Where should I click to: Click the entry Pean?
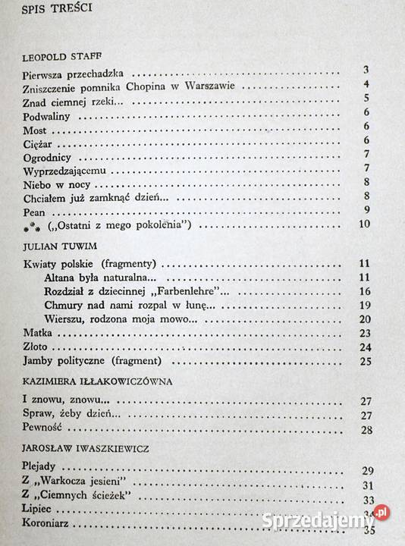(x=34, y=210)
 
